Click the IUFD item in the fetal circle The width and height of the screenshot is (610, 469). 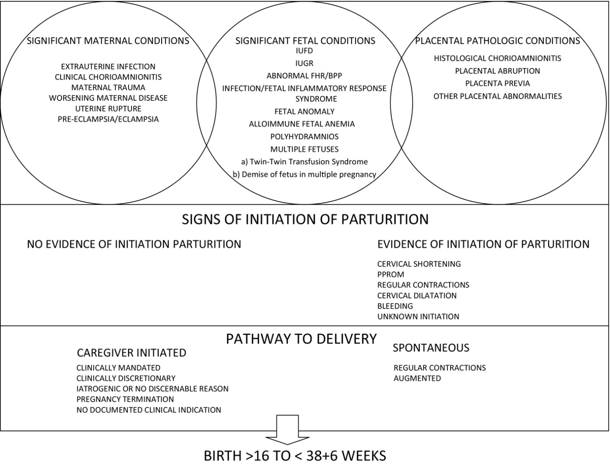(305, 51)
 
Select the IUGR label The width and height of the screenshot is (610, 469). (305, 63)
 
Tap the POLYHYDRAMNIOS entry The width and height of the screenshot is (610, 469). (305, 137)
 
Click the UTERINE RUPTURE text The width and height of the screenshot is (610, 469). (108, 108)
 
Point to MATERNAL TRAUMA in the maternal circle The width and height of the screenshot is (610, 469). (108, 88)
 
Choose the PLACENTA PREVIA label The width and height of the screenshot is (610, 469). (498, 84)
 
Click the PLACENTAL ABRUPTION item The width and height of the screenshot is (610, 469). (498, 71)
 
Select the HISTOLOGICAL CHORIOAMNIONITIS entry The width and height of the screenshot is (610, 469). (498, 58)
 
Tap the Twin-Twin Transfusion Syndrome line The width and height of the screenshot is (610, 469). (305, 162)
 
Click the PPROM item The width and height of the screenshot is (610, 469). (391, 275)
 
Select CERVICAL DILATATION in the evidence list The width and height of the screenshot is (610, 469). (417, 295)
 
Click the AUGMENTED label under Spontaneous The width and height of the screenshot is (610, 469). (417, 378)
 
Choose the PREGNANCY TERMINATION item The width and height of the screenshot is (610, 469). (125, 399)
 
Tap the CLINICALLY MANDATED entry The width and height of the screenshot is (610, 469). (118, 368)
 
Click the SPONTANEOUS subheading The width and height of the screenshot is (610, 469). (431, 348)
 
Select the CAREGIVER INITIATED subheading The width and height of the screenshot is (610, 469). (132, 353)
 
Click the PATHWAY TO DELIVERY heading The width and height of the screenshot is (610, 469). (301, 339)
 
